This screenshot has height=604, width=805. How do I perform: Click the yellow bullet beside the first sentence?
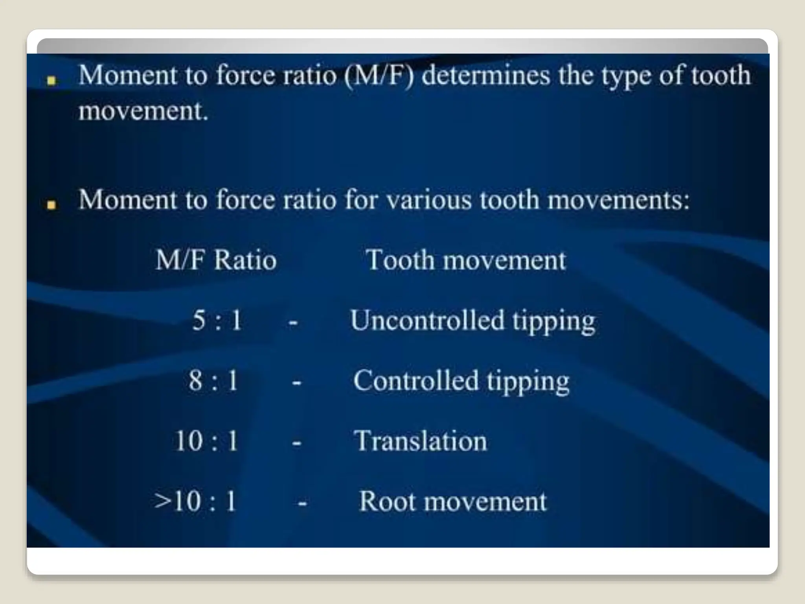point(51,81)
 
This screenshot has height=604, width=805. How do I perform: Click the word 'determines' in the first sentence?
point(486,75)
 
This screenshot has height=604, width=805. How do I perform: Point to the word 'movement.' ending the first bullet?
point(143,111)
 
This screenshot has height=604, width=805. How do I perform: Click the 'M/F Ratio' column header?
point(216,260)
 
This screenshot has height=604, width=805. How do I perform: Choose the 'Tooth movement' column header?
point(465,260)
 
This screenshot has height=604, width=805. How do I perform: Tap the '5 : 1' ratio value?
point(217,320)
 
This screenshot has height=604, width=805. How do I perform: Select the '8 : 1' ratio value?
point(213,381)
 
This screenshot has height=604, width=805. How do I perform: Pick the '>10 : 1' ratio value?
point(195,501)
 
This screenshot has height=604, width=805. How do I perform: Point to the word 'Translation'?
point(420,441)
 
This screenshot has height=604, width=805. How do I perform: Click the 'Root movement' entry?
point(453,501)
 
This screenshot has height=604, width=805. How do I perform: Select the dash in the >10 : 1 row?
point(302,503)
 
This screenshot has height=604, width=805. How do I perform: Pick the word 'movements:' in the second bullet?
point(618,200)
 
